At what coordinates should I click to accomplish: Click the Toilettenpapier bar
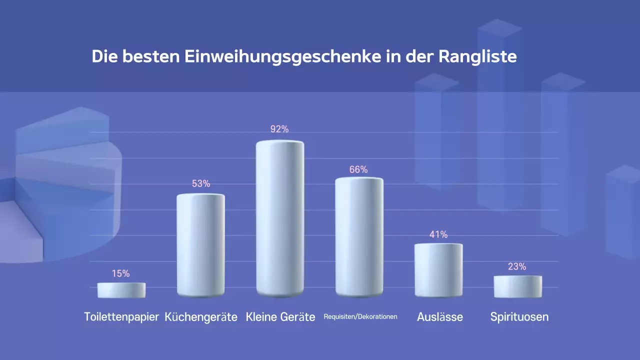coord(121,290)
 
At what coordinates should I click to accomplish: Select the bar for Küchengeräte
coord(201,245)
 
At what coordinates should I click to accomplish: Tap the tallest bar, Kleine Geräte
coord(280,218)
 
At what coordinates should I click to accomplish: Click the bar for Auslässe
coord(438,270)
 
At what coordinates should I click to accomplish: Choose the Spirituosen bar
coord(517,286)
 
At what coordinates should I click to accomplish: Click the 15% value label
coord(121,273)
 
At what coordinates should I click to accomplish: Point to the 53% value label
coord(201,183)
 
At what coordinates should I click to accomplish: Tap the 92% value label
coord(279,129)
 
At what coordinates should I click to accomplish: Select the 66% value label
coord(358,169)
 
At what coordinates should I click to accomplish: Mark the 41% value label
coord(438,234)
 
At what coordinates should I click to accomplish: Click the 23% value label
coord(517,266)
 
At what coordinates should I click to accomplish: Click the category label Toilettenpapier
coord(121,317)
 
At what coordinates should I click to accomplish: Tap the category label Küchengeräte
coord(201,317)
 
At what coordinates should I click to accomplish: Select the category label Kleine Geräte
coord(280,317)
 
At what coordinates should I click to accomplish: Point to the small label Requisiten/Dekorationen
coord(360,316)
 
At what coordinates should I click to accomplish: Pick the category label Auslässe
coord(440,317)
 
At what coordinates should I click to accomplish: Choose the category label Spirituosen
coord(519,317)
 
